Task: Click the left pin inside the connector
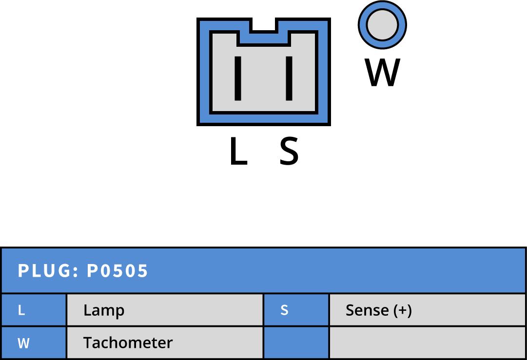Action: [238, 78]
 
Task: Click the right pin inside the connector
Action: [289, 78]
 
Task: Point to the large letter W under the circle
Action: [383, 73]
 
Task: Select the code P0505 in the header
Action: [117, 271]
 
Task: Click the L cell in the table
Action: [34, 310]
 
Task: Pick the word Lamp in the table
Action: [104, 310]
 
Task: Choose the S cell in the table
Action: [296, 310]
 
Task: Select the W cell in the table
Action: [34, 343]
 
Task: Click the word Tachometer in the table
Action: [128, 343]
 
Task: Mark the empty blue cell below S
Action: [296, 343]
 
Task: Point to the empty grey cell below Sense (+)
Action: [428, 343]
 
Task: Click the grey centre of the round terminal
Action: [382, 25]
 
